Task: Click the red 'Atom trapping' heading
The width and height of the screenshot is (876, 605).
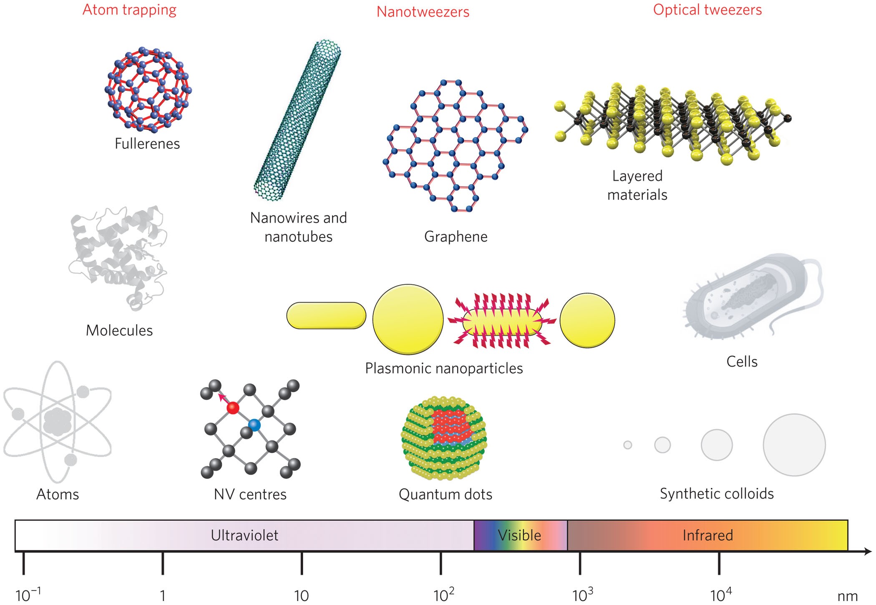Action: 129,10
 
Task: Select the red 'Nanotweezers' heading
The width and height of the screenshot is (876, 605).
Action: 423,12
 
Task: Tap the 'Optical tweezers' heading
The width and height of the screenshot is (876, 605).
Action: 707,10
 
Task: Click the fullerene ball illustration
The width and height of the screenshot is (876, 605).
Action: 148,90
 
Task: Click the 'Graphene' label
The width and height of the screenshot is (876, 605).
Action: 456,236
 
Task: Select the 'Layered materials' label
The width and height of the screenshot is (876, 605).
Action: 637,185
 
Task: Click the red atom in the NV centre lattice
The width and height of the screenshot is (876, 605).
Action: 233,408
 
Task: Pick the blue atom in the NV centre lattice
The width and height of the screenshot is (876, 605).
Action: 254,425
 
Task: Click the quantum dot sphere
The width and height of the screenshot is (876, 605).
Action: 444,438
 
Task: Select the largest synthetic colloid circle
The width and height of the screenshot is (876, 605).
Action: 794,445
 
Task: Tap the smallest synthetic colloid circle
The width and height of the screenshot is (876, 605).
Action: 627,445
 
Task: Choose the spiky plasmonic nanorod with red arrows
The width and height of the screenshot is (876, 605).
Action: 502,320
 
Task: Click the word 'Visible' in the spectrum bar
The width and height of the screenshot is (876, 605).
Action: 519,535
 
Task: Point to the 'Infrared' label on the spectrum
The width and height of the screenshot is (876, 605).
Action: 707,535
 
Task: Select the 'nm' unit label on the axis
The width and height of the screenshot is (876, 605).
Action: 847,596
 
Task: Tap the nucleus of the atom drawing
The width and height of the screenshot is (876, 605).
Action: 57,421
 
